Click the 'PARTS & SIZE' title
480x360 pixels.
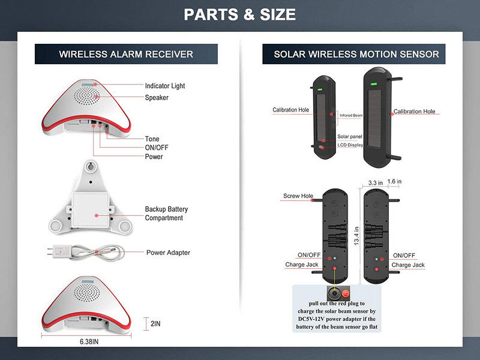point(239,14)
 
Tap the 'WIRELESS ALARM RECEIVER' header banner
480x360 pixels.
point(126,54)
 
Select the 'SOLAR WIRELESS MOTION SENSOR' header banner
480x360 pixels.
point(356,54)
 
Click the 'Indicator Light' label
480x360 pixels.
point(165,86)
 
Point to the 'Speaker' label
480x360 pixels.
point(157,98)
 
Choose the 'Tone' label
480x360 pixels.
point(152,139)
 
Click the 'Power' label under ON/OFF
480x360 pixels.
point(154,157)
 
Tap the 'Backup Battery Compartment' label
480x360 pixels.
point(166,214)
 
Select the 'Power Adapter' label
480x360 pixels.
point(168,253)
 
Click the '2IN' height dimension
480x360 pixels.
point(155,323)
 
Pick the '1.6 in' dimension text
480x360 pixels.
point(395,180)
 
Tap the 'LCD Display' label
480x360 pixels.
point(350,145)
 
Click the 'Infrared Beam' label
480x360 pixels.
point(350,115)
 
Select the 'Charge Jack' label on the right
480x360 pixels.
point(408,265)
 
